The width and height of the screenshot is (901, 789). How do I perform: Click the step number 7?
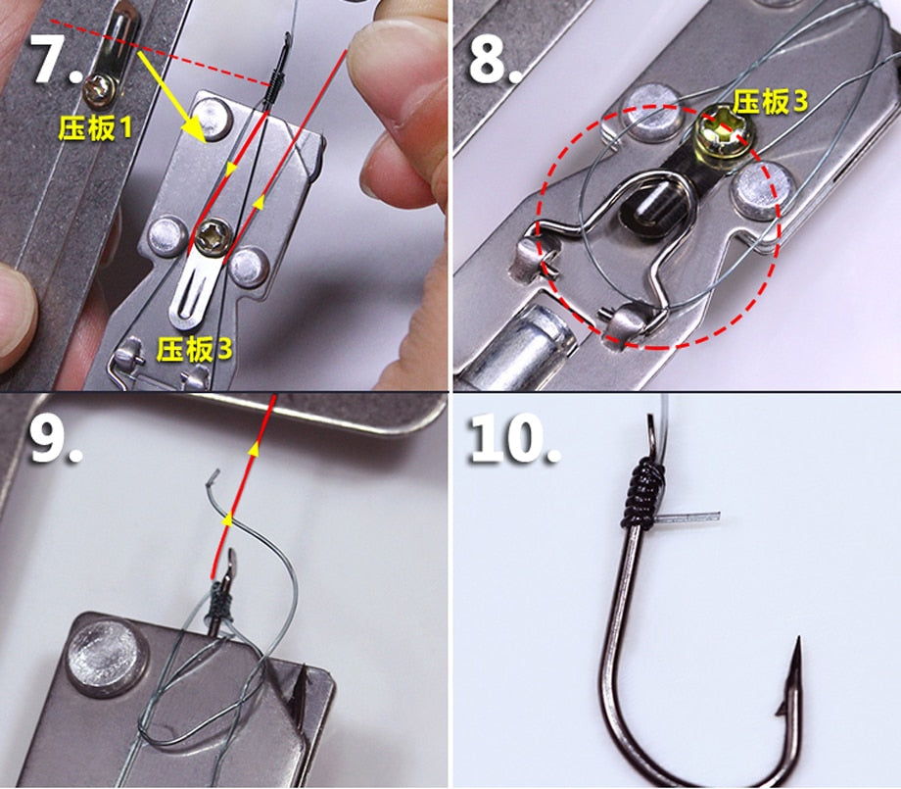point(55,59)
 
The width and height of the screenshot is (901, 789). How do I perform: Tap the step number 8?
point(496,59)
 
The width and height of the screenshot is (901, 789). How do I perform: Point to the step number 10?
point(515,438)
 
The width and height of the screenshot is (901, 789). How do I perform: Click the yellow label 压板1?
point(95,127)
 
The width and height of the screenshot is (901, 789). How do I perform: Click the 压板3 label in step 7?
point(195,349)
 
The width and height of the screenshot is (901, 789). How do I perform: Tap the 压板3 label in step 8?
point(770,102)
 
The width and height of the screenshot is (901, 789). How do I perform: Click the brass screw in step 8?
point(725,135)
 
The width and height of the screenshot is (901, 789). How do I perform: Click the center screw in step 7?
point(213,237)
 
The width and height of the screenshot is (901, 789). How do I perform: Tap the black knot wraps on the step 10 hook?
point(640,492)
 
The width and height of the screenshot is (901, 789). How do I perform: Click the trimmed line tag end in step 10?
point(688,517)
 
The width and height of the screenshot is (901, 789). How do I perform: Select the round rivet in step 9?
point(106,657)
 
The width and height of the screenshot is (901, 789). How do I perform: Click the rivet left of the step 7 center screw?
point(167,236)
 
